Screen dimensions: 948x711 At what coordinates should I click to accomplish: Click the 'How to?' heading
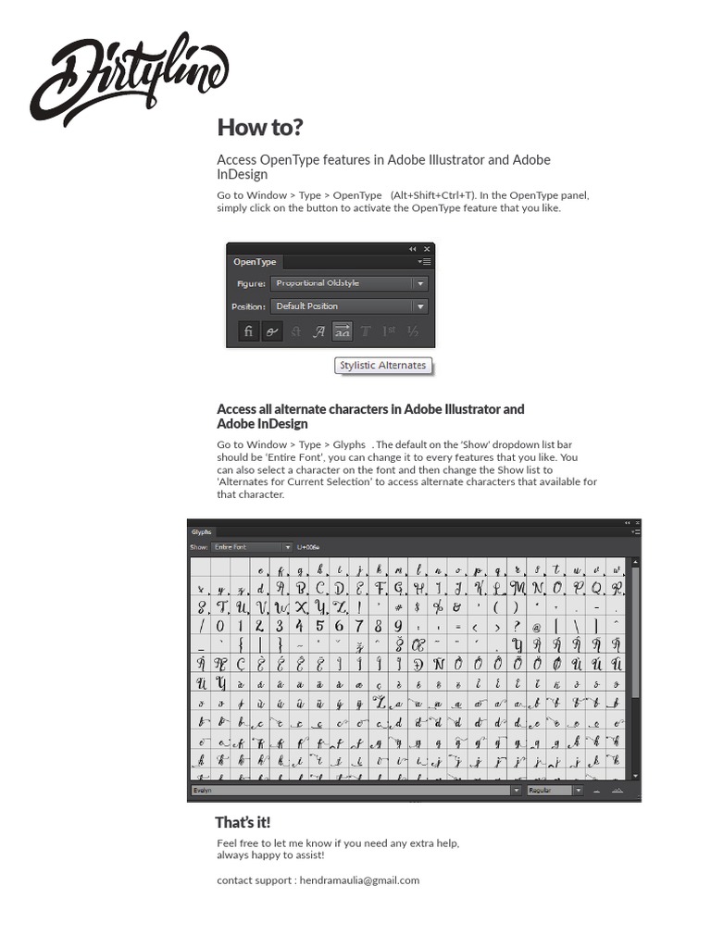pyautogui.click(x=259, y=127)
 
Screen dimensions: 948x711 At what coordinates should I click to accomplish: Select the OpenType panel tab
pyautogui.click(x=255, y=262)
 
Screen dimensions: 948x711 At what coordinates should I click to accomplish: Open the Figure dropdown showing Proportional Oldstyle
pyautogui.click(x=349, y=283)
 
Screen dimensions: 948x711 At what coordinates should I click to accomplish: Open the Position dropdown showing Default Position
pyautogui.click(x=349, y=306)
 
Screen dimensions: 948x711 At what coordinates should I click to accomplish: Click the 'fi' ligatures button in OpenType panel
pyautogui.click(x=248, y=331)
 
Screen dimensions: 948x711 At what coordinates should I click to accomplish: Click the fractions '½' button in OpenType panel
pyautogui.click(x=413, y=331)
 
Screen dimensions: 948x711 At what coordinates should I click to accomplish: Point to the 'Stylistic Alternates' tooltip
pyautogui.click(x=382, y=365)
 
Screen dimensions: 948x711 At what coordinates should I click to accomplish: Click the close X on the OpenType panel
pyautogui.click(x=427, y=249)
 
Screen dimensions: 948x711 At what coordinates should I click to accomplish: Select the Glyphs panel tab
pyautogui.click(x=202, y=532)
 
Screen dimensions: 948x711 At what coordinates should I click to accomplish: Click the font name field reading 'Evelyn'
pyautogui.click(x=352, y=791)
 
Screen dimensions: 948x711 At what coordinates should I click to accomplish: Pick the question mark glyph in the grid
pyautogui.click(x=516, y=627)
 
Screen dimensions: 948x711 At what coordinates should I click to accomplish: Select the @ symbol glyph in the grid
pyautogui.click(x=536, y=627)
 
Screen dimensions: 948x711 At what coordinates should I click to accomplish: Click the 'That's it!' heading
pyautogui.click(x=243, y=822)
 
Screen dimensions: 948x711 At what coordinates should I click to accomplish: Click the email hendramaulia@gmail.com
pyautogui.click(x=360, y=879)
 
